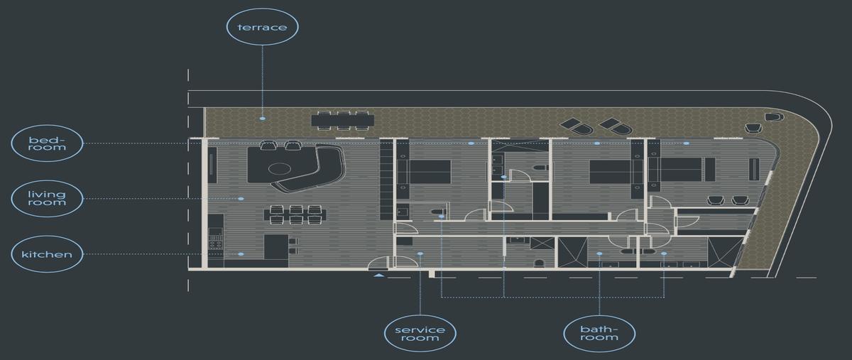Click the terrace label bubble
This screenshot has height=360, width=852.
coord(262,27)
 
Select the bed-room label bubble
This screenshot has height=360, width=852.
coord(47,143)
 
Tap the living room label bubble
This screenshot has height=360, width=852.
coord(47,199)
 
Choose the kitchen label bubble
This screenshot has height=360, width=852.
coord(47,253)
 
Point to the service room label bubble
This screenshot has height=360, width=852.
coord(420,334)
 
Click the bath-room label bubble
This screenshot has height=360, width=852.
coord(599,334)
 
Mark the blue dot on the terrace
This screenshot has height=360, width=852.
coord(263,119)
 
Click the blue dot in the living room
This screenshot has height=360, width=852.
coord(241,199)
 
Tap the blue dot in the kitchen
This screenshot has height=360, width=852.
coord(241,253)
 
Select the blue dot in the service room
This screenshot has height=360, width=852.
coord(420,253)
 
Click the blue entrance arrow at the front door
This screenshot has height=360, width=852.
coord(378,275)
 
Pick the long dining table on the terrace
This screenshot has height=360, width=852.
coord(343,121)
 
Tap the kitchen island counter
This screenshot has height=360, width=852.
coord(276,246)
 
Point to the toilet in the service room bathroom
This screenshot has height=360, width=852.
coord(539,263)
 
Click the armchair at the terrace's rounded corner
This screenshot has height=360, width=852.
coord(774,117)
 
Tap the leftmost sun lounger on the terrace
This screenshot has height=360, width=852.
coord(577,126)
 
